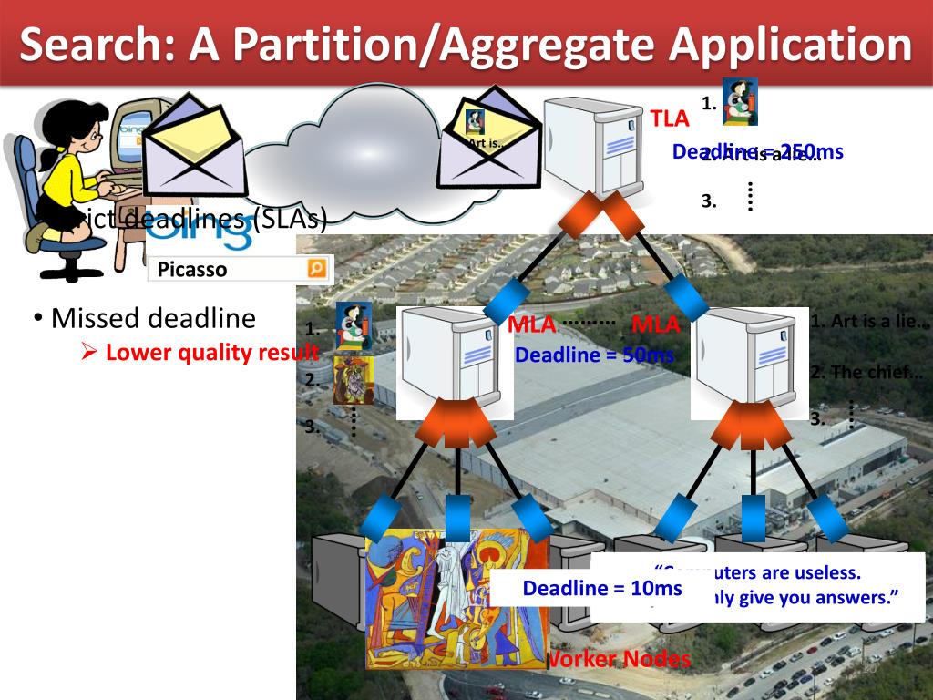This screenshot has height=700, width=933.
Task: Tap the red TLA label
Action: (670, 118)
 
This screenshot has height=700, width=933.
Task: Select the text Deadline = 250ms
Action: (757, 152)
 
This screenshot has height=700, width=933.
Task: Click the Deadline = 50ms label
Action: (593, 355)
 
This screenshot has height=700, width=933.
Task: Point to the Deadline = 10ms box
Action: (601, 589)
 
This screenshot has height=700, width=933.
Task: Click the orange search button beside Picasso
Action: (316, 268)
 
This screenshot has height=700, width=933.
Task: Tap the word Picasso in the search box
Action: (192, 270)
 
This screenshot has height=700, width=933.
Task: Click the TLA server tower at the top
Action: (594, 146)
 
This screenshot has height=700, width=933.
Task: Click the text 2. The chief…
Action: (866, 371)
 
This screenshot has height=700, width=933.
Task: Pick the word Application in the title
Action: (775, 46)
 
